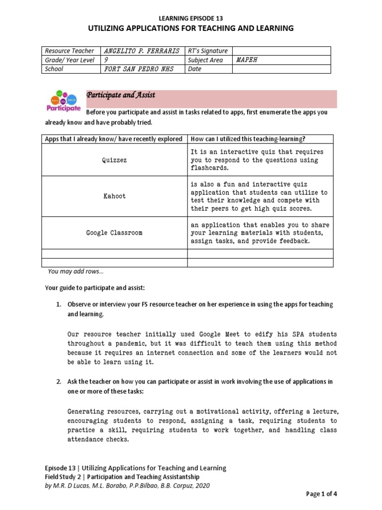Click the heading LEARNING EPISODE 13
pyautogui.click(x=191, y=18)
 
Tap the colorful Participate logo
pyautogui.click(x=63, y=101)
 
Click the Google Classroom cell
pyautogui.click(x=114, y=233)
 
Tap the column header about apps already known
pyautogui.click(x=114, y=139)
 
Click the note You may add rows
pyautogui.click(x=76, y=271)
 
